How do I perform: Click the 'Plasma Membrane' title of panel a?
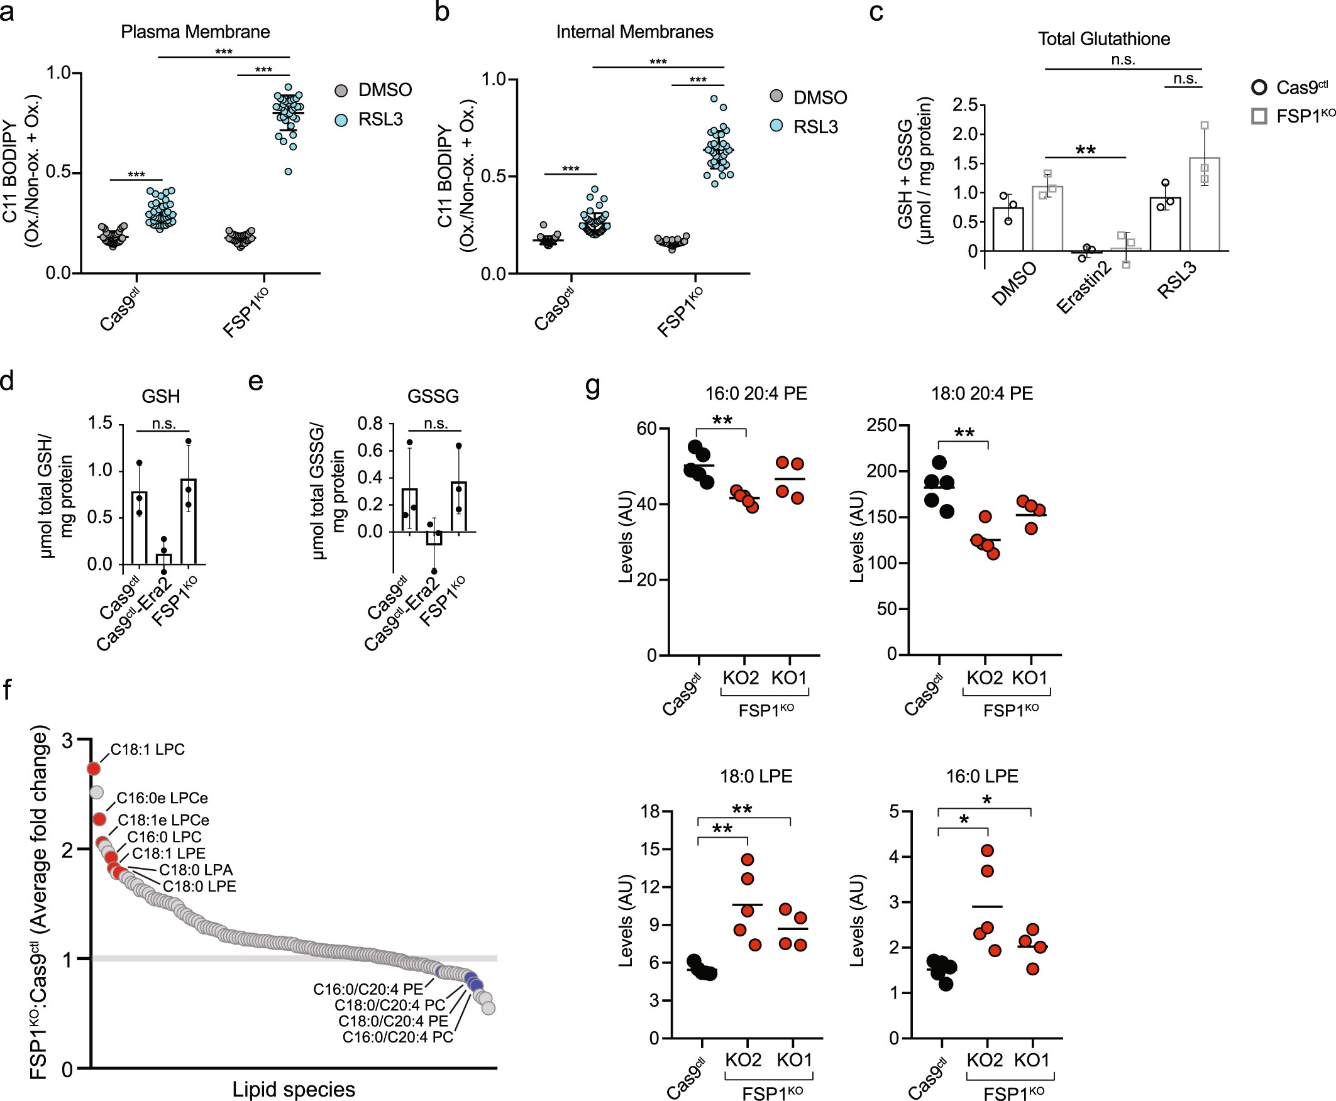tap(196, 31)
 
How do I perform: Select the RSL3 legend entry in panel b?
tap(815, 128)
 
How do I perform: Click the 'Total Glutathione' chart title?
tap(1103, 40)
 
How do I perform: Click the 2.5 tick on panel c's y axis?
tap(964, 106)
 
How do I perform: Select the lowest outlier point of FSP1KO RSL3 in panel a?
tap(289, 171)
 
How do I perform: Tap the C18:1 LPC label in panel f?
tap(147, 750)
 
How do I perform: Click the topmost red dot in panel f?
tap(94, 769)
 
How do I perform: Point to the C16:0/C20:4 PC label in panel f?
tap(398, 1038)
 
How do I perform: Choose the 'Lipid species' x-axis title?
tap(293, 1090)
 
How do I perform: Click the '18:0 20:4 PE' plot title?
tap(981, 394)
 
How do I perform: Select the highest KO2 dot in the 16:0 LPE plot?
tap(987, 850)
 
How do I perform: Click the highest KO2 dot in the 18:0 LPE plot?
tap(748, 860)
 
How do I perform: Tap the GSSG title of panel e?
tap(433, 397)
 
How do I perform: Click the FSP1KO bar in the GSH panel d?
tap(189, 522)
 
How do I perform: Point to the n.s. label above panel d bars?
tap(163, 424)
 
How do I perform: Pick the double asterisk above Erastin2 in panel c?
tap(1085, 150)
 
